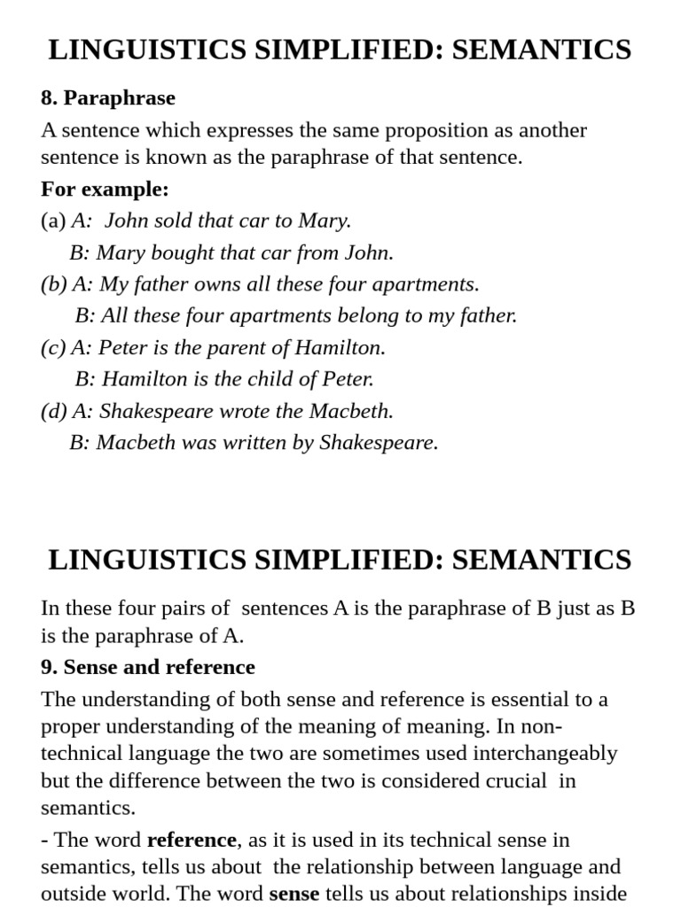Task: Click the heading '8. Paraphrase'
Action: coord(108,98)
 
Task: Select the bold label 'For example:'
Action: coord(105,190)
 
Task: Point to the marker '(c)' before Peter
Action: coord(53,347)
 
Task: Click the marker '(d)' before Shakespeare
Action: coord(54,411)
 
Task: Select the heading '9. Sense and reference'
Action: coord(148,667)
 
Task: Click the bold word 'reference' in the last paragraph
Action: coord(192,840)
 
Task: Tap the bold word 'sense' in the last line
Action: coord(294,894)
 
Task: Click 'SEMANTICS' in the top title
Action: coord(544,50)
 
